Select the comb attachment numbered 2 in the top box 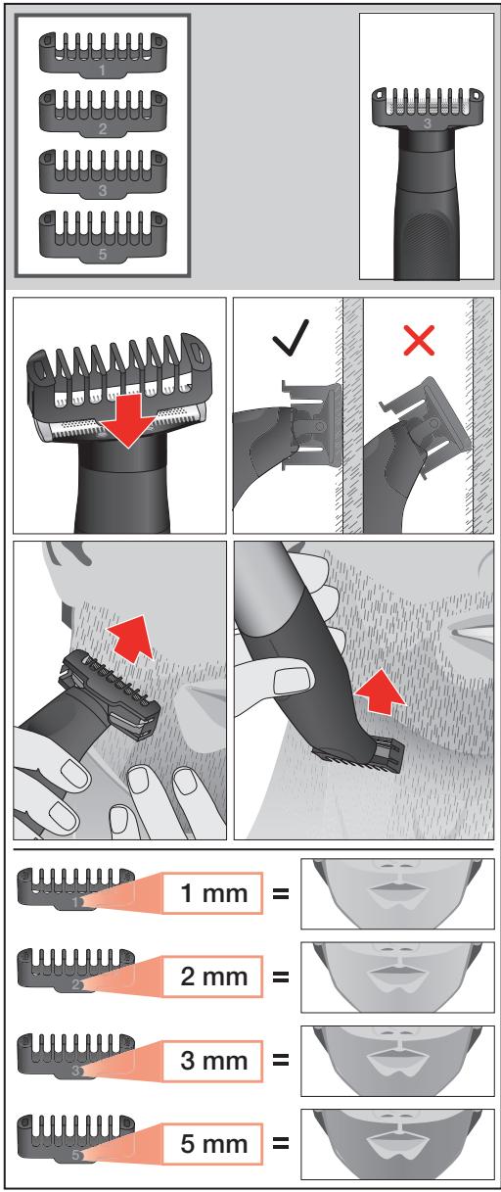tap(103, 113)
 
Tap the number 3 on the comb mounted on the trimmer tap(427, 124)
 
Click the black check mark tap(291, 337)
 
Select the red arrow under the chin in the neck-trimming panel tap(380, 691)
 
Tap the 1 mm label tap(212, 893)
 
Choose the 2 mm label tap(212, 977)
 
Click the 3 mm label tap(212, 1060)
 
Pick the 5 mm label tap(212, 1144)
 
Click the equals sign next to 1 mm tap(281, 893)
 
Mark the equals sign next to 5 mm tap(281, 1143)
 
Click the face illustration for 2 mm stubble tap(397, 977)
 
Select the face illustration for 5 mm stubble tap(397, 1144)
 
